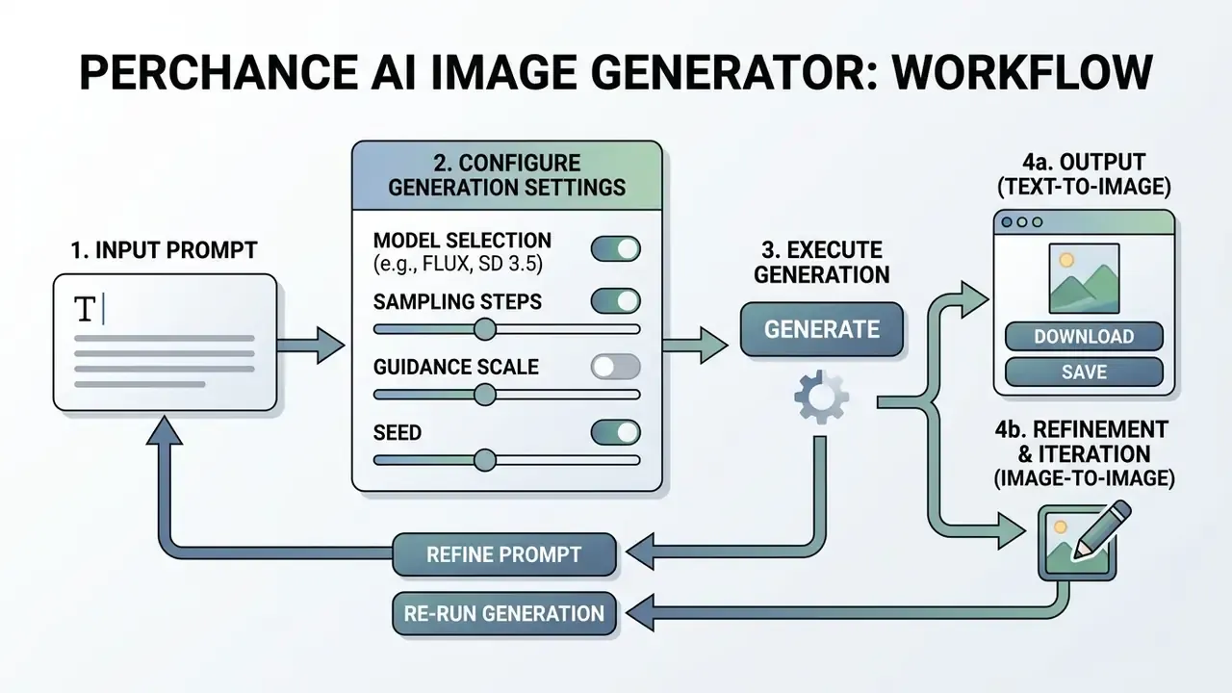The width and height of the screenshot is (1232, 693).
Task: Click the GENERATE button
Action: point(821,329)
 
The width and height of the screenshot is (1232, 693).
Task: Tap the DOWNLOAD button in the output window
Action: point(1084,336)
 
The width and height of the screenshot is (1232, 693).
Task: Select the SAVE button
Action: point(1084,372)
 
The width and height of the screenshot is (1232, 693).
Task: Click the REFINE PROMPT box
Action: point(503,554)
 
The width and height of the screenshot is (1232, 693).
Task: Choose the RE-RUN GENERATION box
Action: point(503,613)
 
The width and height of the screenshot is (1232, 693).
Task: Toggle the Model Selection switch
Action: point(615,248)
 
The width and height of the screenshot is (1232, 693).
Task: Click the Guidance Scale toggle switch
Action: point(615,367)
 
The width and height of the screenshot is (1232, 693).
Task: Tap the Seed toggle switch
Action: point(615,432)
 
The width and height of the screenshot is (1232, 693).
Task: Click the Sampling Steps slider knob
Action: point(484,329)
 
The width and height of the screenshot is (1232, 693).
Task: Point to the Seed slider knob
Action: point(484,460)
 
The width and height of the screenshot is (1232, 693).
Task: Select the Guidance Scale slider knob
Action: point(484,395)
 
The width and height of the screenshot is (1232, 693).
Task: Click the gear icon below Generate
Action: point(821,398)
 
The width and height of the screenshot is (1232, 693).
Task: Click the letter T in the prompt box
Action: point(86,309)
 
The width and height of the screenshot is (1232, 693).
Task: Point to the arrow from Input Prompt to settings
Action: point(311,346)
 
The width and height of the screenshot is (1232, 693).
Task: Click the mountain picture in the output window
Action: point(1084,278)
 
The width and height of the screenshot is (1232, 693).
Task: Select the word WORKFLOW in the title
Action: point(1022,72)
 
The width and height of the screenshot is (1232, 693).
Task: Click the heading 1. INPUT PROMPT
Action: point(164,250)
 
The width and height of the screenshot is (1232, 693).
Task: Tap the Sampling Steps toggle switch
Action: point(615,301)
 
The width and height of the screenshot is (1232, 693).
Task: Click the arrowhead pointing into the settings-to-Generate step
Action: point(713,346)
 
